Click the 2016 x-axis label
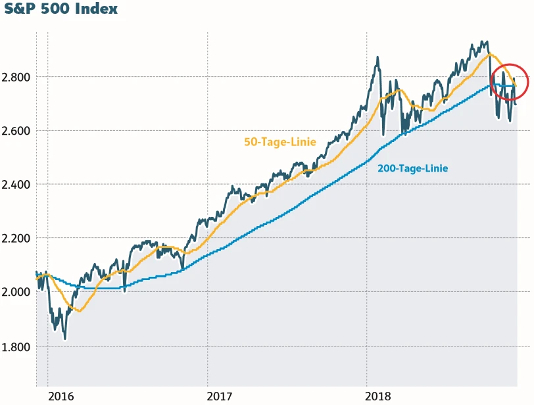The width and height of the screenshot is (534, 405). click(62, 396)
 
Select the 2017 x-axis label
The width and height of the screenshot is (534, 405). click(220, 396)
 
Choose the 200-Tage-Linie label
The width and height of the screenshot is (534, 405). click(412, 168)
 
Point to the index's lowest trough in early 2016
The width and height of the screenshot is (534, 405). click(64, 339)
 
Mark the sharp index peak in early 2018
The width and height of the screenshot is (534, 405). click(377, 58)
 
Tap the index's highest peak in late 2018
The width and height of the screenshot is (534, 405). click(485, 42)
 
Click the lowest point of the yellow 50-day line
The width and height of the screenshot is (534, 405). click(79, 310)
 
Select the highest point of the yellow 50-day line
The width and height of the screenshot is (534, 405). click(489, 55)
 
